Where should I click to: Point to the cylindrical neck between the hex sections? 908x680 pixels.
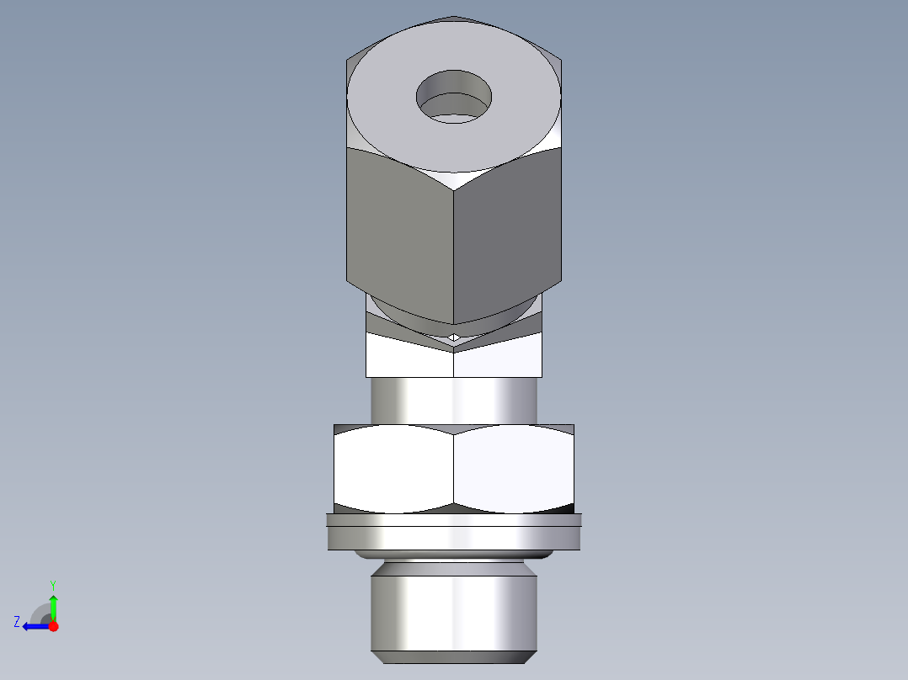pyautogui.click(x=453, y=401)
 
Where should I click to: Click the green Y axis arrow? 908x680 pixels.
pyautogui.click(x=53, y=604)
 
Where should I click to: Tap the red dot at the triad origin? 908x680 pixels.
pyautogui.click(x=53, y=626)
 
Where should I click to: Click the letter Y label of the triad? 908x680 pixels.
pyautogui.click(x=53, y=584)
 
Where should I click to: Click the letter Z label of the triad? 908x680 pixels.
pyautogui.click(x=17, y=621)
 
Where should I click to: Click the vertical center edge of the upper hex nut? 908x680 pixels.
pyautogui.click(x=454, y=252)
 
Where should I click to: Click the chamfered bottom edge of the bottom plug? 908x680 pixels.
pyautogui.click(x=453, y=655)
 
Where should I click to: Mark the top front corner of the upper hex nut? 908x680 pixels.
pyautogui.click(x=454, y=189)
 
